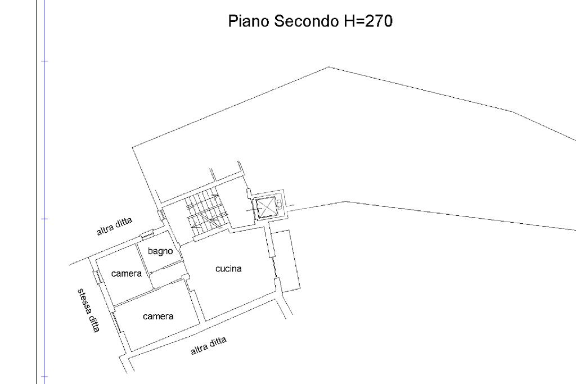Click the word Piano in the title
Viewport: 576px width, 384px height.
249,21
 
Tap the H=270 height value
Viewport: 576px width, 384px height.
368,21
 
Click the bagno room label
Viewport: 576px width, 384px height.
160,251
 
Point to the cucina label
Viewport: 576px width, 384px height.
228,269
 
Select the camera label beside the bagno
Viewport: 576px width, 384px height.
127,273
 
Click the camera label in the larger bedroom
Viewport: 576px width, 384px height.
158,316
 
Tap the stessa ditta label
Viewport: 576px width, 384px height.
88,310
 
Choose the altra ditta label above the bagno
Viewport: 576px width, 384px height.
114,227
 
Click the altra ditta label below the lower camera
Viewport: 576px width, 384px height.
208,346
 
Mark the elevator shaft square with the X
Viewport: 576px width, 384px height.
266,207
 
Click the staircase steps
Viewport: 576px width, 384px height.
204,212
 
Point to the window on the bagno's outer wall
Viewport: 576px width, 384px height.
147,233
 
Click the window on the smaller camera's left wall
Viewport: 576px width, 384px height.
97,276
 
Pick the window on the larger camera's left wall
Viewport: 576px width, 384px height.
116,322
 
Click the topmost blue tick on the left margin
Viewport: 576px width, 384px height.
44,61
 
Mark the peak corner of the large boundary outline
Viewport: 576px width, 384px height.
328,67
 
